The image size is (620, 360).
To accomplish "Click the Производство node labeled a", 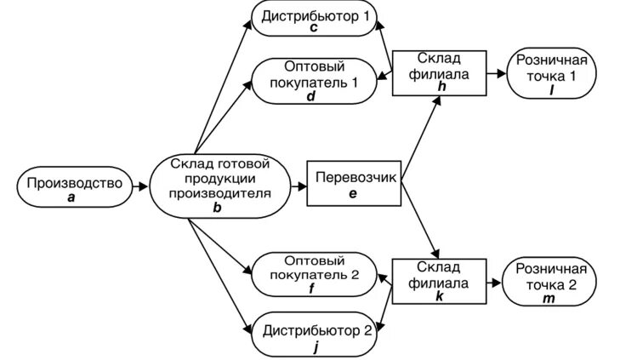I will coord(74,188).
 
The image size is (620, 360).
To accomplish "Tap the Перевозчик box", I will coord(351,184).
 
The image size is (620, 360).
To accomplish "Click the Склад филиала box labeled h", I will coord(439,72).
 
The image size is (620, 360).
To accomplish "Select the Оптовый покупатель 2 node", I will coord(314,274).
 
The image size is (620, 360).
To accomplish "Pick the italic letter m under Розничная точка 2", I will coord(549,299).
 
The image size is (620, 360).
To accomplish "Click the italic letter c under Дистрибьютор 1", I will coord(313,28).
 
